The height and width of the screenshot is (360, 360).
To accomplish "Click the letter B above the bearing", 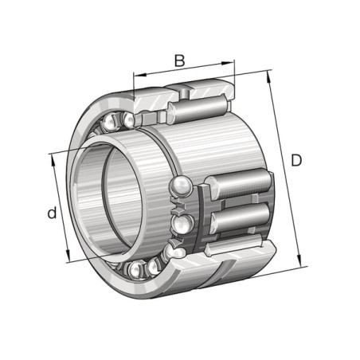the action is point(179,61).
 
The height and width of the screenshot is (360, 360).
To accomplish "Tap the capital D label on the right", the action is point(296,160).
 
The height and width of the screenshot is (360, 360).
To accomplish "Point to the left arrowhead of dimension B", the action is point(140,75).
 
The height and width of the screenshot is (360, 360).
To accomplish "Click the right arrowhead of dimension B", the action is point(228,63).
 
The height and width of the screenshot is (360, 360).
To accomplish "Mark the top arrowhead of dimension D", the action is point(268,76).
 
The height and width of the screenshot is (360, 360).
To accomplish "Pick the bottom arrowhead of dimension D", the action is point(299,260).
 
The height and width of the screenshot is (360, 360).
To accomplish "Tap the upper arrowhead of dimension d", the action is point(53,160).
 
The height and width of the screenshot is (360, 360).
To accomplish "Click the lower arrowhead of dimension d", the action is point(68,256).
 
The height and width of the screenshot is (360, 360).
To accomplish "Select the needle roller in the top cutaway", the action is point(197,108).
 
